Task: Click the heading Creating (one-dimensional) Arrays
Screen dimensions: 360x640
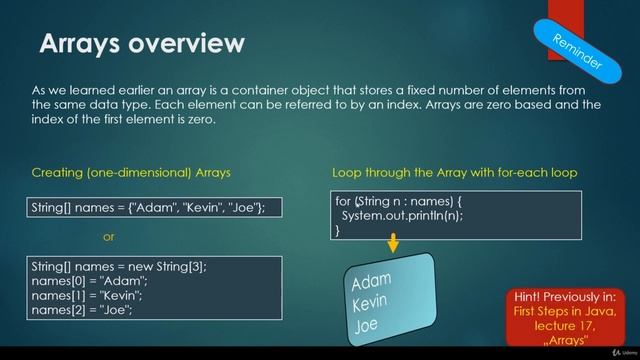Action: [131, 172]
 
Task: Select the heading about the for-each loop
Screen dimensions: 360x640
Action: [454, 172]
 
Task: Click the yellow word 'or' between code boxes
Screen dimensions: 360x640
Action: [110, 237]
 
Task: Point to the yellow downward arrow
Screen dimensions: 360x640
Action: [393, 243]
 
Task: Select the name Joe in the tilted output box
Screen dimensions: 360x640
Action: [367, 326]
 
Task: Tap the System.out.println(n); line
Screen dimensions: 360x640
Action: [402, 215]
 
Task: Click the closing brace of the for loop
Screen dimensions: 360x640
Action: [338, 230]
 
